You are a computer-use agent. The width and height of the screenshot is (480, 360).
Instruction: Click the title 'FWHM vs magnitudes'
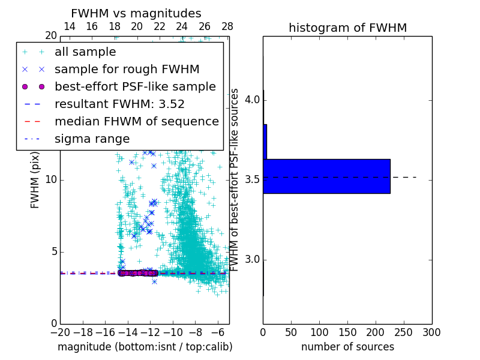[x=136, y=14]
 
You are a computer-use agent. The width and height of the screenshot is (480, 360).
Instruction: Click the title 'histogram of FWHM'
[x=347, y=28]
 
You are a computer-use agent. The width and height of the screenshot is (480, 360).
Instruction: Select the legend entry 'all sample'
[x=85, y=52]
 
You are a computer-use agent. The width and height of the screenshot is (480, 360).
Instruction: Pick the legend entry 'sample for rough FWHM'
[x=127, y=70]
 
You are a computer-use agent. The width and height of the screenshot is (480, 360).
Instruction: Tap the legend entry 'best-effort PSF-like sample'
[x=135, y=87]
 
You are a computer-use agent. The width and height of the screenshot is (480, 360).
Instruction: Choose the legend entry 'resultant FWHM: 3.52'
[x=119, y=104]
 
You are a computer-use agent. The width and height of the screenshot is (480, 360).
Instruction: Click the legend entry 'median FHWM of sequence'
[x=136, y=122]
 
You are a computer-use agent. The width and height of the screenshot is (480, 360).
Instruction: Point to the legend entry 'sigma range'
[x=92, y=139]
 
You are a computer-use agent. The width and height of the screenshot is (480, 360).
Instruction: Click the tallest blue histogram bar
[x=326, y=176]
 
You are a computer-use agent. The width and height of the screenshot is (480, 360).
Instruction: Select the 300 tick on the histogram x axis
[x=431, y=332]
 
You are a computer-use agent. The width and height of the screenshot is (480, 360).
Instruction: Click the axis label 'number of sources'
[x=347, y=347]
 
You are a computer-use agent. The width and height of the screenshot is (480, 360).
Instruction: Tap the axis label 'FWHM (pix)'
[x=35, y=180]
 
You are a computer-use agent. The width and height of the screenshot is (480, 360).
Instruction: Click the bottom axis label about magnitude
[x=145, y=347]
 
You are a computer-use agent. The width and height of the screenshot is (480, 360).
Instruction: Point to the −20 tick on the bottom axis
[x=60, y=332]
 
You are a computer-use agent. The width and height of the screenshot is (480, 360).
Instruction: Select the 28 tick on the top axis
[x=227, y=26]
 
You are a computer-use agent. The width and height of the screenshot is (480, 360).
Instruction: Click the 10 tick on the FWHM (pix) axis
[x=51, y=180]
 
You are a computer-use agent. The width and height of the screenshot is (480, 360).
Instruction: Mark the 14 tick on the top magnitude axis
[x=70, y=26]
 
